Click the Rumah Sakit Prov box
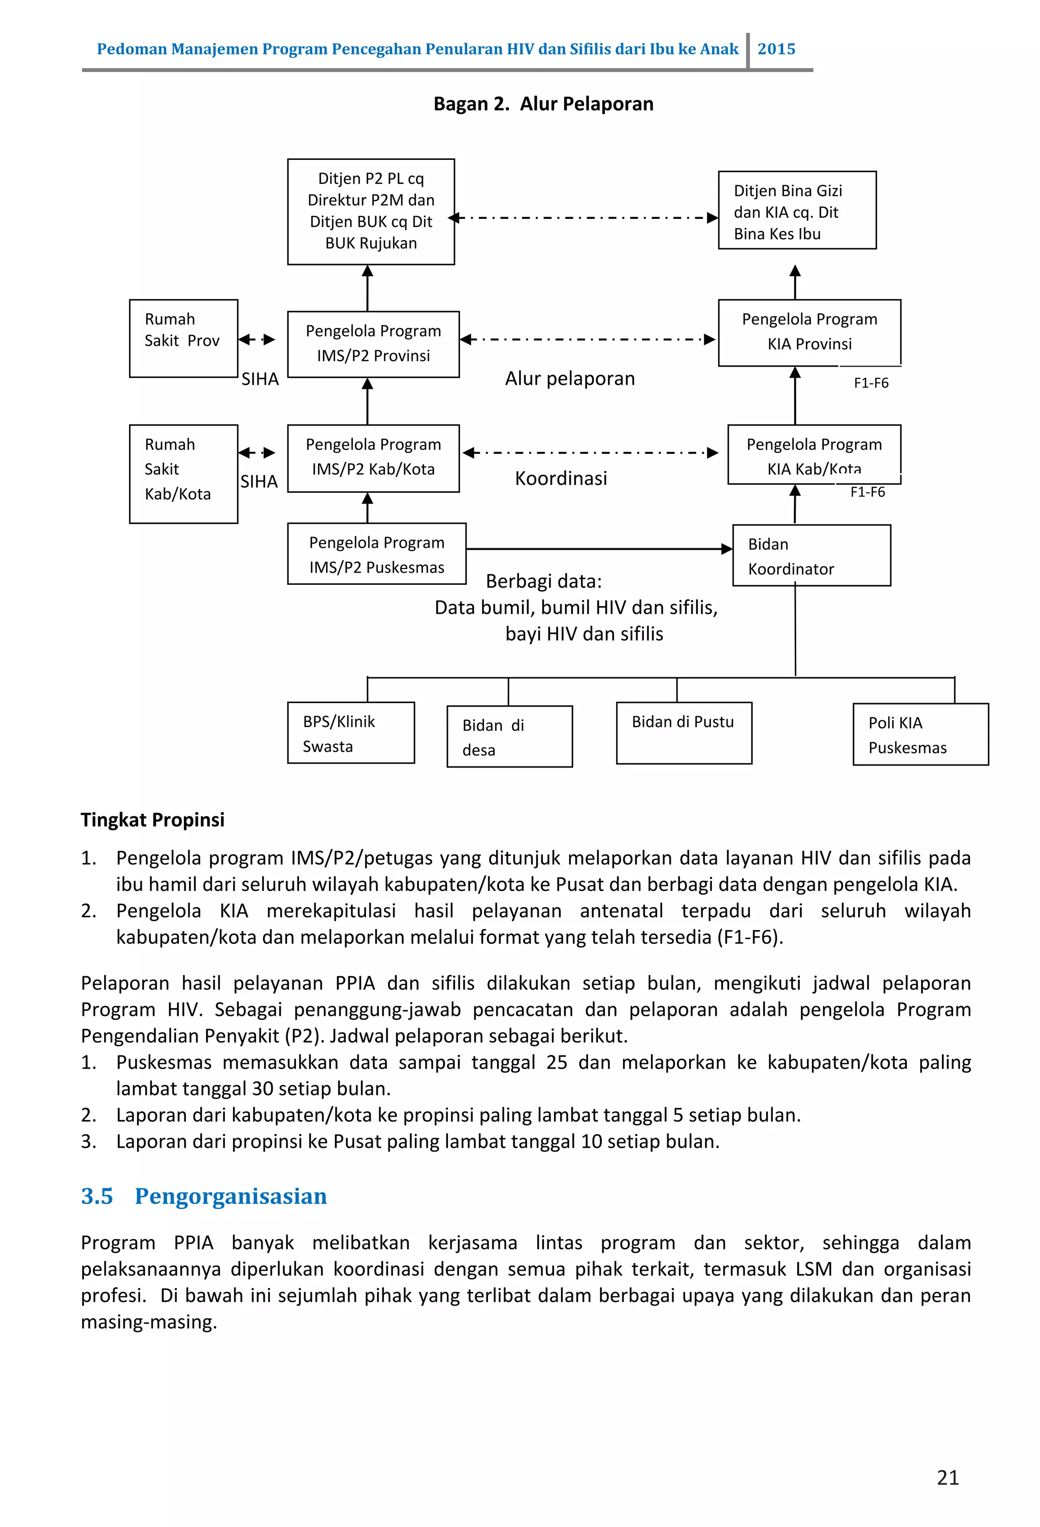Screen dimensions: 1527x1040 click(183, 339)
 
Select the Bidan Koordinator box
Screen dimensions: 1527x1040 click(810, 555)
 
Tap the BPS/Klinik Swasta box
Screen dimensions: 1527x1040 click(350, 733)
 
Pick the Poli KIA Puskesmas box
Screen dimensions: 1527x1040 click(920, 734)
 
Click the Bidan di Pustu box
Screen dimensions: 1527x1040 click(683, 733)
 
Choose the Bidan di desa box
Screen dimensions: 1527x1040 click(509, 737)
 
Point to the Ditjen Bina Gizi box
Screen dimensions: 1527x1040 click(796, 210)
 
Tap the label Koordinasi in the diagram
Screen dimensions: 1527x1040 click(560, 478)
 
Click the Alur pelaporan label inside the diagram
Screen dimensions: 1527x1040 click(569, 379)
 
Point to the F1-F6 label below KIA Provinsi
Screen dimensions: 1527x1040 click(870, 383)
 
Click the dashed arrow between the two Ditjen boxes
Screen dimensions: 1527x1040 click(585, 217)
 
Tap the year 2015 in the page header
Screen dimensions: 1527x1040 click(776, 49)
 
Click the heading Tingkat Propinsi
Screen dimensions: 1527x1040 click(152, 819)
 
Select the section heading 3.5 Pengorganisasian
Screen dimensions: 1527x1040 click(204, 1196)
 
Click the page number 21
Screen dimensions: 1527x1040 click(947, 1477)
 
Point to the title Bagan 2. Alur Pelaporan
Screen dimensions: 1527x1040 click(543, 104)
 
